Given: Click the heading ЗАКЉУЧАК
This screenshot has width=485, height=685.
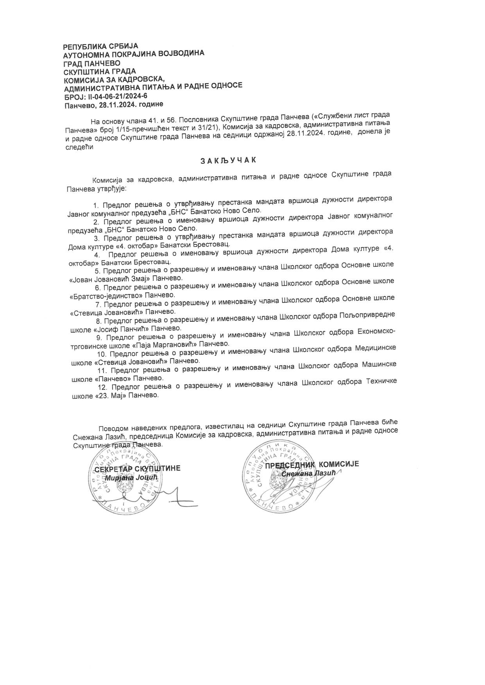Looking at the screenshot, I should pyautogui.click(x=228, y=160).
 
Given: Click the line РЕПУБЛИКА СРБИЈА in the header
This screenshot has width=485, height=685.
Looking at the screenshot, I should pyautogui.click(x=100, y=46).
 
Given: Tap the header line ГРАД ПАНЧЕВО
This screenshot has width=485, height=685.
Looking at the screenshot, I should pyautogui.click(x=92, y=63).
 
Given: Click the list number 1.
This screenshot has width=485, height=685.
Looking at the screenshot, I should pyautogui.click(x=95, y=205).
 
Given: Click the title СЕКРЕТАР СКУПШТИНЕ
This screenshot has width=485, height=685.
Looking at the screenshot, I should pyautogui.click(x=138, y=468).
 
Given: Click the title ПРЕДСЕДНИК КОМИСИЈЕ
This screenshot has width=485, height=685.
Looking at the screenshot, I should pyautogui.click(x=312, y=464).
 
